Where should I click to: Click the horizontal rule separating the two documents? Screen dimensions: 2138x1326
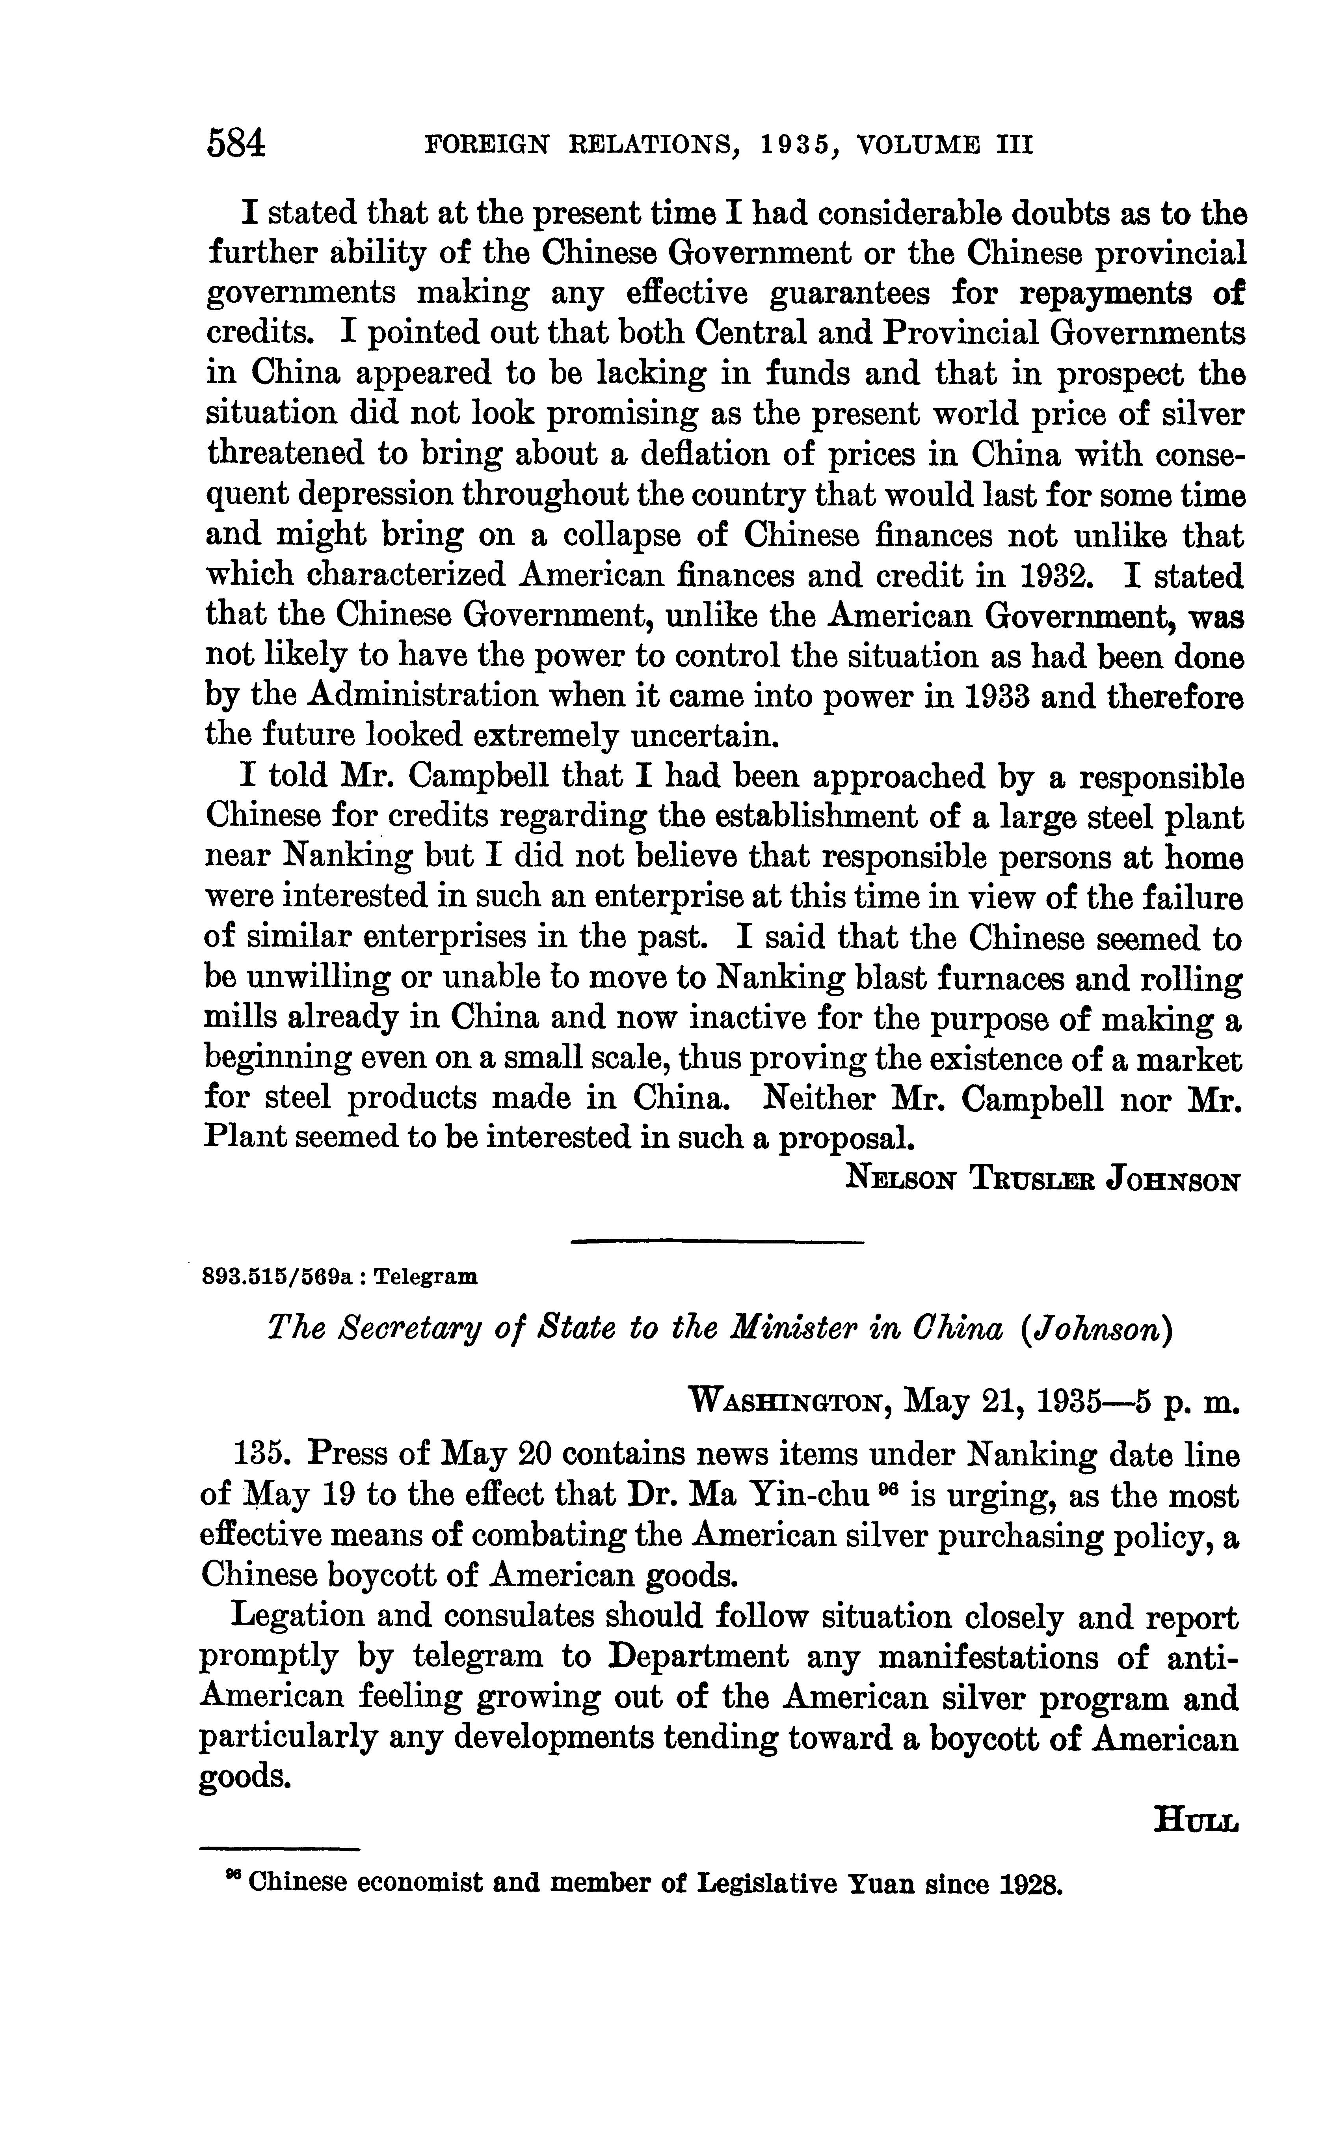click(717, 1241)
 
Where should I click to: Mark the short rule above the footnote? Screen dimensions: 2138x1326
click(281, 1849)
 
